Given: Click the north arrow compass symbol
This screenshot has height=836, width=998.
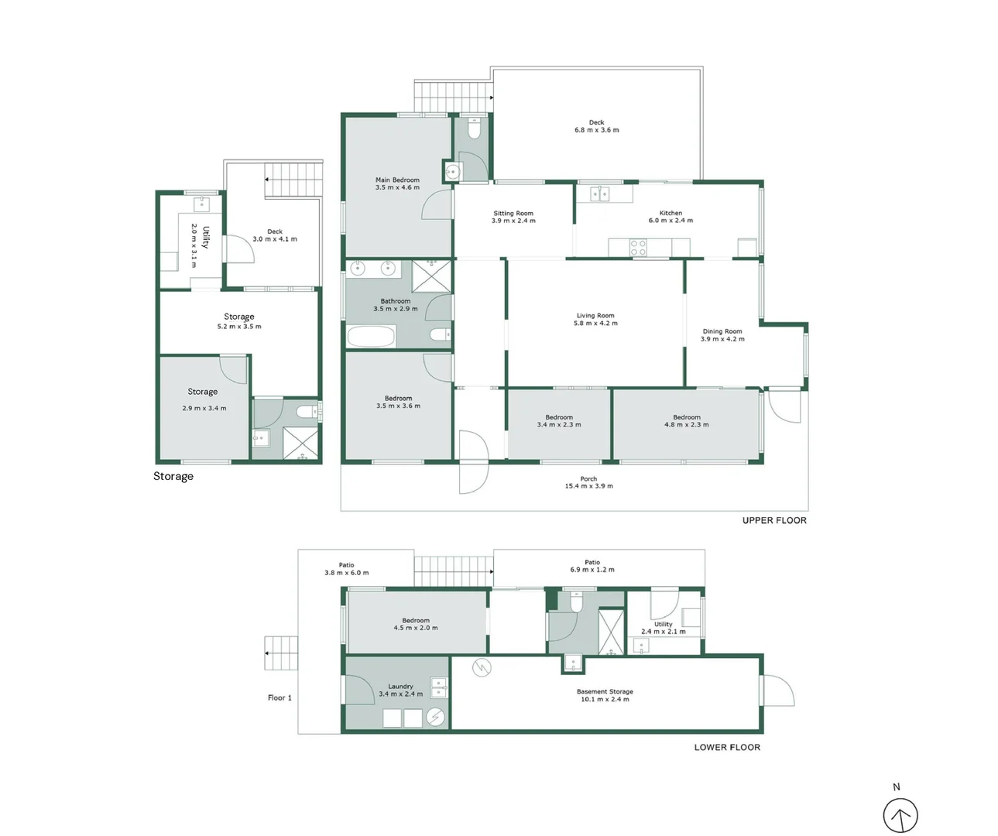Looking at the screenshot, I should (900, 815).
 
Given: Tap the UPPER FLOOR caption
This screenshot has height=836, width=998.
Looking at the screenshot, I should (774, 520).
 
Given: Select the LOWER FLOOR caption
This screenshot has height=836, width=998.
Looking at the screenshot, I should (727, 747).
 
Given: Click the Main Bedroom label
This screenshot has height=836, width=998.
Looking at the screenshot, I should (397, 180).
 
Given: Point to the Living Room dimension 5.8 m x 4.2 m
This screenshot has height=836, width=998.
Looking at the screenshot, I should (595, 324).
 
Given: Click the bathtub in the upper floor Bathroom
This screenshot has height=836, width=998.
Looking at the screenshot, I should (372, 337).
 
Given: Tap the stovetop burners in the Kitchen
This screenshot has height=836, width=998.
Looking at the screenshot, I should (638, 248).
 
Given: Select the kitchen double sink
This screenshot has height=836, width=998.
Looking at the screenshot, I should (600, 194).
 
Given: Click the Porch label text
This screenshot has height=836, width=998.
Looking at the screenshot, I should (588, 478).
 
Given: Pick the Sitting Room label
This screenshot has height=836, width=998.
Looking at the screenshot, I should (513, 213).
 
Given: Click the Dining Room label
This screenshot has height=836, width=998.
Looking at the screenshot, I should (722, 331).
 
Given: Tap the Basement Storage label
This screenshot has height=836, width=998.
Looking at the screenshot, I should (605, 691).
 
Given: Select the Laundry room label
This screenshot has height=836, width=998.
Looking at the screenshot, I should (400, 686).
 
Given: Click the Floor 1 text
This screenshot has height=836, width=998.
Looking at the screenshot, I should (280, 697).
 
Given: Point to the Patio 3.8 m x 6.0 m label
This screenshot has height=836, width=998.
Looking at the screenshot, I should (346, 569).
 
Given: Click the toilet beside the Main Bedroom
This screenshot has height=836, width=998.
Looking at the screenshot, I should (475, 128).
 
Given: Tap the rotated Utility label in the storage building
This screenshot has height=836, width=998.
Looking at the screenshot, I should (206, 238).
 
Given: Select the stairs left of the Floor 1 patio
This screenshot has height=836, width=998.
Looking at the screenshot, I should (281, 653).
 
